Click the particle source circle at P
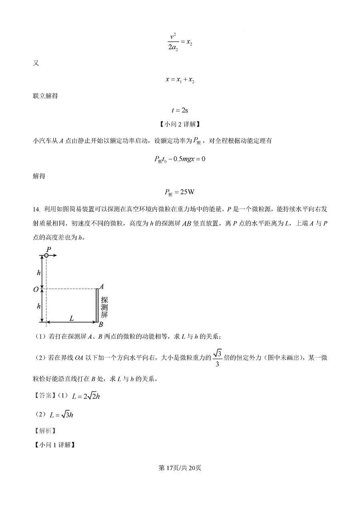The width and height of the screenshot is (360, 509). pos(46,255)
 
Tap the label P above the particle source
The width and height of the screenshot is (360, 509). pos(48,249)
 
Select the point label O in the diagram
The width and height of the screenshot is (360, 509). pos(36,289)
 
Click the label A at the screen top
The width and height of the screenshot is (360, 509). pos(102,287)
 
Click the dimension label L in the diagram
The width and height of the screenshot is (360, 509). pos(71,318)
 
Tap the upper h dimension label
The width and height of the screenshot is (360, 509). pos(38,272)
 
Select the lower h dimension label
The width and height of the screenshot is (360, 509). pos(38,306)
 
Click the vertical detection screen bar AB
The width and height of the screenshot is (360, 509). pos(96,305)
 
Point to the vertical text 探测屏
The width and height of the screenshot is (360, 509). pos(104,307)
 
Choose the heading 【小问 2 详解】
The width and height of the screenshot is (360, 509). pos(180,125)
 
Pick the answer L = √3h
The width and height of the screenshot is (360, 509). pos(61,415)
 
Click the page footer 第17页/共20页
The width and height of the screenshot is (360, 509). pos(180,468)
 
